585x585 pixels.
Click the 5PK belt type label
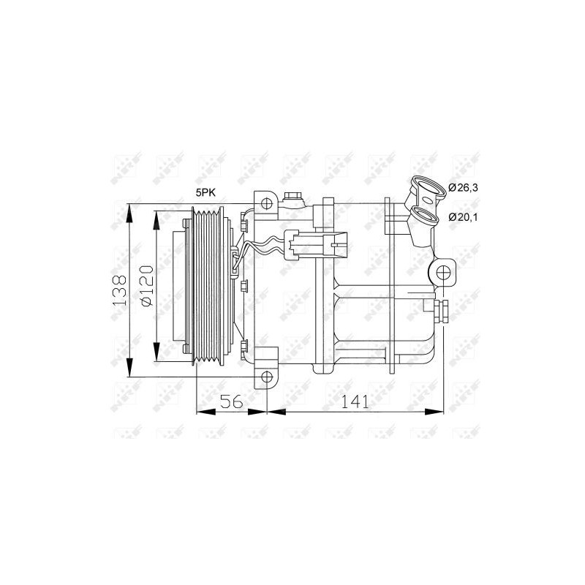[206, 192]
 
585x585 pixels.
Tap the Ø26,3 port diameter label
[463, 187]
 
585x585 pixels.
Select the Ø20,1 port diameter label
[463, 216]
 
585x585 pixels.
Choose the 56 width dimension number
[231, 401]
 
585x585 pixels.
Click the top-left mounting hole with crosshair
[266, 203]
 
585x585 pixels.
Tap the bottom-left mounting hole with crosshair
[267, 377]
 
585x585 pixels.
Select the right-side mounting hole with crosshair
[443, 273]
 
